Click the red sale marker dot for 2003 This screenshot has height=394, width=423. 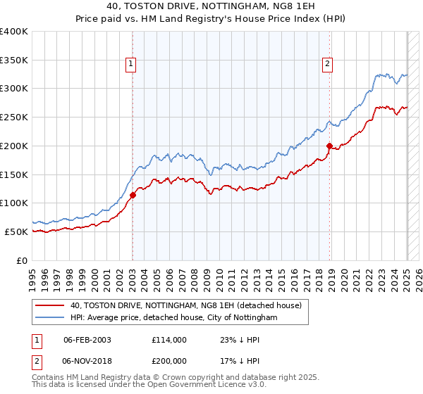pos(133,195)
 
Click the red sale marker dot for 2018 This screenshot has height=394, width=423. pos(329,146)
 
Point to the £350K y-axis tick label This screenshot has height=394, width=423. pos(14,60)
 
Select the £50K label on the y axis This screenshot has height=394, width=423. pos(16,231)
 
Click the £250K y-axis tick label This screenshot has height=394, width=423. pos(14,117)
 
